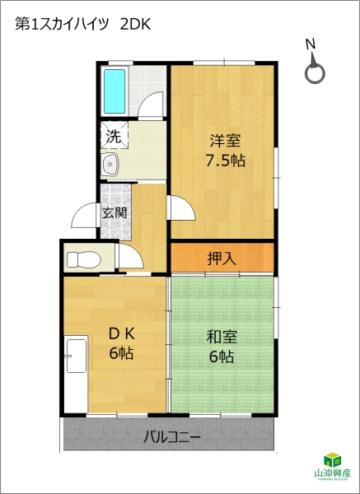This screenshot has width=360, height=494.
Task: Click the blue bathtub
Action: (115, 91)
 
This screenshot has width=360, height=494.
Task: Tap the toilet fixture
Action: (83, 259)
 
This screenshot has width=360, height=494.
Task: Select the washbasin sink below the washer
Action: (110, 165)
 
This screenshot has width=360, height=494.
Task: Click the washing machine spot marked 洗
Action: (115, 136)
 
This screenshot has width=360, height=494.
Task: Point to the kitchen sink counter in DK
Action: (76, 356)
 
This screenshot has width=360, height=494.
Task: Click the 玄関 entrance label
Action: (115, 213)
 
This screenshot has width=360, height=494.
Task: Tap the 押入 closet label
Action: (222, 259)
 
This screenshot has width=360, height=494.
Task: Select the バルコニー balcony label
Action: (172, 437)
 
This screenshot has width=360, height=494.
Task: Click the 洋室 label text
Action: (225, 141)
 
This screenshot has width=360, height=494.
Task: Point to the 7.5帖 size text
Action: (225, 161)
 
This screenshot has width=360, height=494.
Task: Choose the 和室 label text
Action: (222, 337)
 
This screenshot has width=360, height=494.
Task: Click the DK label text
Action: (122, 334)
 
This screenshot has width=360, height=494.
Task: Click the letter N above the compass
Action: (311, 44)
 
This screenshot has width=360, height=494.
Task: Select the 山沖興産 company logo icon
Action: (333, 459)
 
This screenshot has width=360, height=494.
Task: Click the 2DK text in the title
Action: (135, 24)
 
